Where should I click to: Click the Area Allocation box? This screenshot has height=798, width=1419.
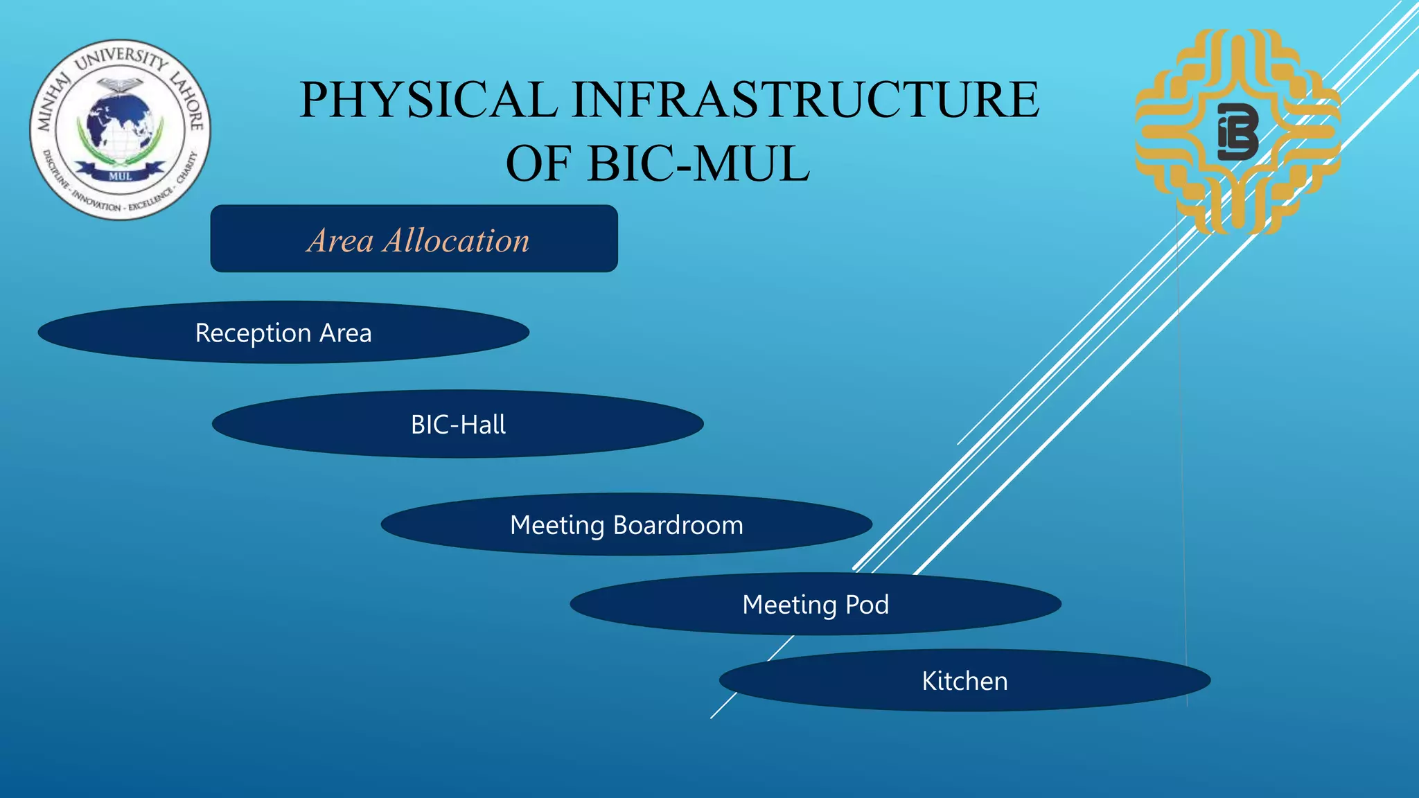tap(414, 238)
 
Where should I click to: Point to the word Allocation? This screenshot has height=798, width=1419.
tap(457, 241)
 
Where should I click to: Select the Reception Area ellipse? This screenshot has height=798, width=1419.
tap(283, 332)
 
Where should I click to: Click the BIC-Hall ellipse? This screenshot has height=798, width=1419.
tap(458, 424)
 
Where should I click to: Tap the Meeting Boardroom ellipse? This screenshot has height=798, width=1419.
tap(626, 524)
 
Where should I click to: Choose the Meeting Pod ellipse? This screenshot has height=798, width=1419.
tap(816, 604)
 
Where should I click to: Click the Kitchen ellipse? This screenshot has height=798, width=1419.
tap(964, 680)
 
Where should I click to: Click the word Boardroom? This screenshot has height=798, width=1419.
tap(678, 525)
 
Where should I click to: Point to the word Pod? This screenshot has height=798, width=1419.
tap(867, 605)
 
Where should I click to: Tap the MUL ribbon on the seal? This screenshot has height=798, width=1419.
tap(120, 176)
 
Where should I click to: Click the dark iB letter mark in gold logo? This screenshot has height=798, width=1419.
tap(1238, 132)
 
